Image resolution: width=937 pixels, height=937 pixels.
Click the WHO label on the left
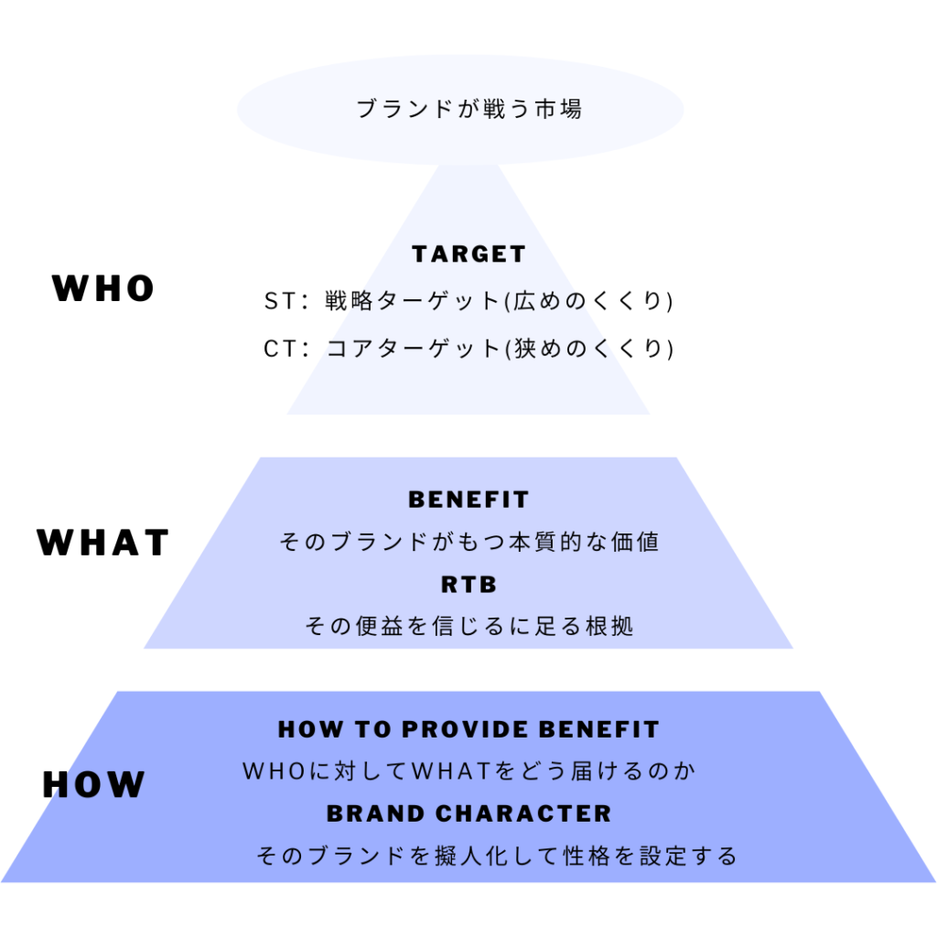tap(103, 289)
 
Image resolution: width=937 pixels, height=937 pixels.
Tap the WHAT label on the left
tap(103, 543)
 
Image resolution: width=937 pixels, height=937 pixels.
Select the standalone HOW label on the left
tap(94, 785)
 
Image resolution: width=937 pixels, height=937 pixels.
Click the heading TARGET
tap(468, 254)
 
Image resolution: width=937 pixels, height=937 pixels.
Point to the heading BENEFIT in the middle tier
tap(468, 501)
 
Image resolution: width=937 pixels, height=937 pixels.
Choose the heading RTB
tap(468, 585)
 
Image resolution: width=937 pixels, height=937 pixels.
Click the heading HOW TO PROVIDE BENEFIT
tap(468, 730)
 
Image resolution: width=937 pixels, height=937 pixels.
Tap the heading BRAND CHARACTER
tap(468, 813)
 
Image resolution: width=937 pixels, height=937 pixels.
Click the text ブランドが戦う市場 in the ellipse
tap(468, 110)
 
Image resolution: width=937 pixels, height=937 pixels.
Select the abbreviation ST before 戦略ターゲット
tap(276, 301)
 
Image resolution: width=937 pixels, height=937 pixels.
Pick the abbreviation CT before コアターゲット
tap(276, 349)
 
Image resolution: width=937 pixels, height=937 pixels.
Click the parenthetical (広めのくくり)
tap(589, 301)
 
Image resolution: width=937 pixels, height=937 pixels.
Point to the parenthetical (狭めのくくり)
tap(589, 349)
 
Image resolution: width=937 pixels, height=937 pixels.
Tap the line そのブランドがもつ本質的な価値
tap(468, 543)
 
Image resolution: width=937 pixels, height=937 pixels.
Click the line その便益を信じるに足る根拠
tap(468, 627)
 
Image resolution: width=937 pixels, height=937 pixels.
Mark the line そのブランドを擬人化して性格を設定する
tap(497, 856)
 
